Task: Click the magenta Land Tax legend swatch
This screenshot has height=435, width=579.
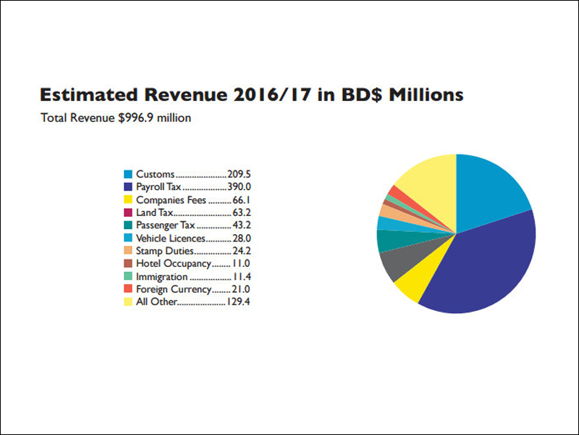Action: (x=128, y=212)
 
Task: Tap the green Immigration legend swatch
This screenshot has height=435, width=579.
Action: (x=128, y=276)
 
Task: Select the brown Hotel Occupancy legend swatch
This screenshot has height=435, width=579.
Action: (x=128, y=263)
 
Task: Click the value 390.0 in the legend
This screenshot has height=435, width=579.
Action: (x=239, y=187)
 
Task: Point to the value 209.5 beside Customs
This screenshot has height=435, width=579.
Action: (x=239, y=174)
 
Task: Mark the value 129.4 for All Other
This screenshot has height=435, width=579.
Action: (x=238, y=302)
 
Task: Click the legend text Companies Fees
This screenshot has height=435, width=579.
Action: (x=171, y=200)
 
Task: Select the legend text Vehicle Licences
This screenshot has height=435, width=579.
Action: (x=171, y=239)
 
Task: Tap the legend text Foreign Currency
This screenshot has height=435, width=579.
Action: (x=174, y=289)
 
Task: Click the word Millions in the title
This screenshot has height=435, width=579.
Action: (x=426, y=95)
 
